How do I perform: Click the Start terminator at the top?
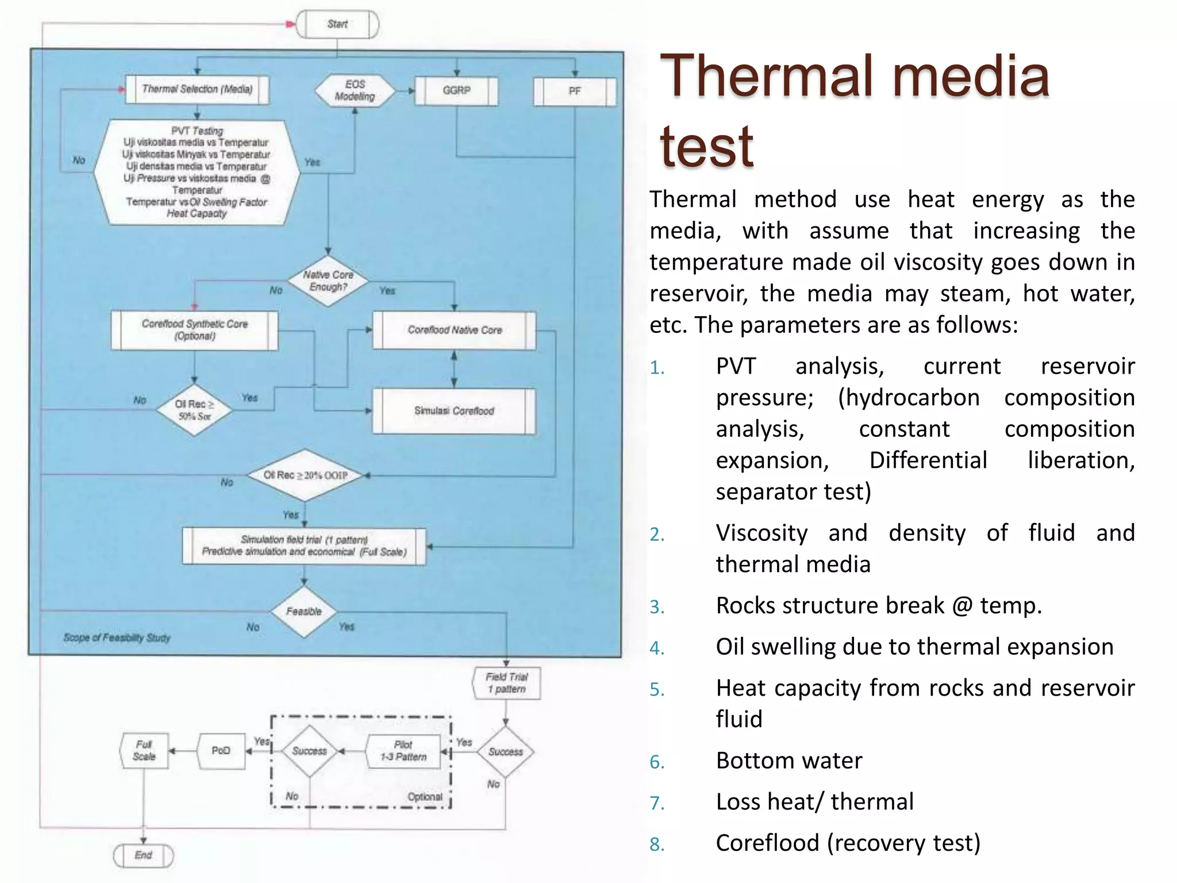point(337,24)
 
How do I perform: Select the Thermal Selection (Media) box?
point(197,89)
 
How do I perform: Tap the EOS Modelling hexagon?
point(355,91)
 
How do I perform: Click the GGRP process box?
point(456,91)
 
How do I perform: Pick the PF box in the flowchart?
point(574,91)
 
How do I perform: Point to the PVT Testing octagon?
point(197,172)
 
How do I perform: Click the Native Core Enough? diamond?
point(328,281)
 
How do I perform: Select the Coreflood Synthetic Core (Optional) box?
point(195,330)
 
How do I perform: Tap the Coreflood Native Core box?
point(455,330)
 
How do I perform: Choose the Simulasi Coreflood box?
point(454,411)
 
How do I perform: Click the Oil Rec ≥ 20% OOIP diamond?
point(305,475)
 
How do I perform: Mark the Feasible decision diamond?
point(304,612)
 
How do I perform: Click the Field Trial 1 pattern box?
point(506,683)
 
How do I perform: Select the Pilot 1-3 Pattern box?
point(403,751)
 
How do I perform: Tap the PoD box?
point(221,751)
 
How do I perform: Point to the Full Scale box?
point(144,751)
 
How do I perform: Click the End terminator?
point(143,855)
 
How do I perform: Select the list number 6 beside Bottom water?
point(657,762)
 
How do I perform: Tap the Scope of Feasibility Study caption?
point(117,638)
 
